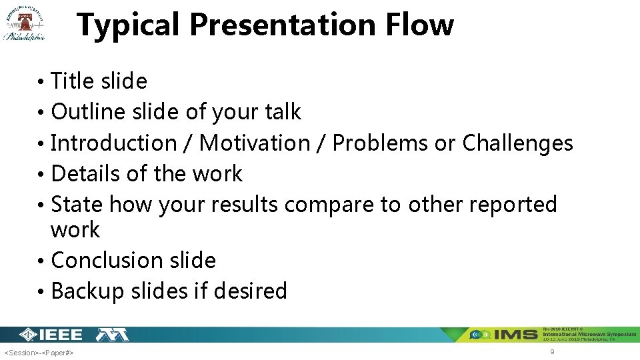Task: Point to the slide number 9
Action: click(552, 351)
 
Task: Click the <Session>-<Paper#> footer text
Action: click(39, 352)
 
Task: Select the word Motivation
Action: click(255, 143)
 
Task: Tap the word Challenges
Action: click(517, 143)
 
